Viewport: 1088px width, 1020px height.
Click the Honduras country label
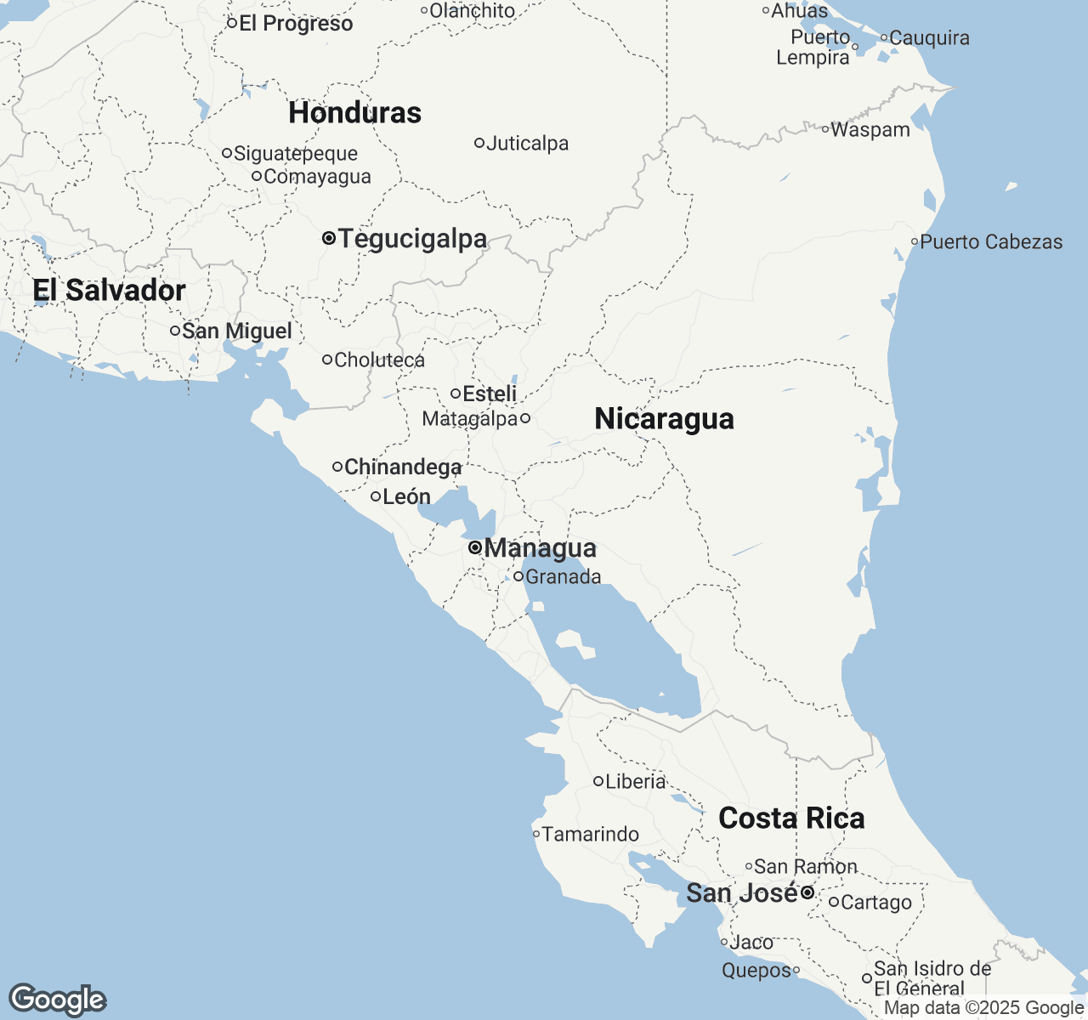(x=354, y=113)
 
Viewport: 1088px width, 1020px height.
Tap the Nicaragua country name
(x=664, y=419)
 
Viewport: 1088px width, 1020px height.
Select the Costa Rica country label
(x=791, y=819)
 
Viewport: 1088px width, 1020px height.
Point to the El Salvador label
(x=109, y=291)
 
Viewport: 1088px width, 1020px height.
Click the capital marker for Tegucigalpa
(x=329, y=239)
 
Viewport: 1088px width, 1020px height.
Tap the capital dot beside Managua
(x=474, y=548)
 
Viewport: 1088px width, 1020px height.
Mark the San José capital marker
(x=807, y=893)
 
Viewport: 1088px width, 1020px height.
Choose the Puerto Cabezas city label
(x=991, y=242)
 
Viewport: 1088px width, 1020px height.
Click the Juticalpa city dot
(x=479, y=143)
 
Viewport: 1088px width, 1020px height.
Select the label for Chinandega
(x=403, y=467)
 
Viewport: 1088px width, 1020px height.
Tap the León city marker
(x=376, y=496)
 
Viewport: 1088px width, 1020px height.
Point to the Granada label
(x=563, y=577)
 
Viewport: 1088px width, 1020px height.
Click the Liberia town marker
(x=598, y=781)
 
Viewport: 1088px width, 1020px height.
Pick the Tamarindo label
(x=591, y=835)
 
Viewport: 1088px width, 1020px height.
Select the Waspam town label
(x=870, y=130)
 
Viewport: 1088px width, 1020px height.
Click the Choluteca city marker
(x=327, y=360)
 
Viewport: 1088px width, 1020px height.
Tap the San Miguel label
(x=236, y=331)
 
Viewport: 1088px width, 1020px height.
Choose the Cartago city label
(x=876, y=903)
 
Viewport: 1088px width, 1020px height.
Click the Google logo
(x=58, y=1000)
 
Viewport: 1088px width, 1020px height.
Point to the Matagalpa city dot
(x=525, y=418)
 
